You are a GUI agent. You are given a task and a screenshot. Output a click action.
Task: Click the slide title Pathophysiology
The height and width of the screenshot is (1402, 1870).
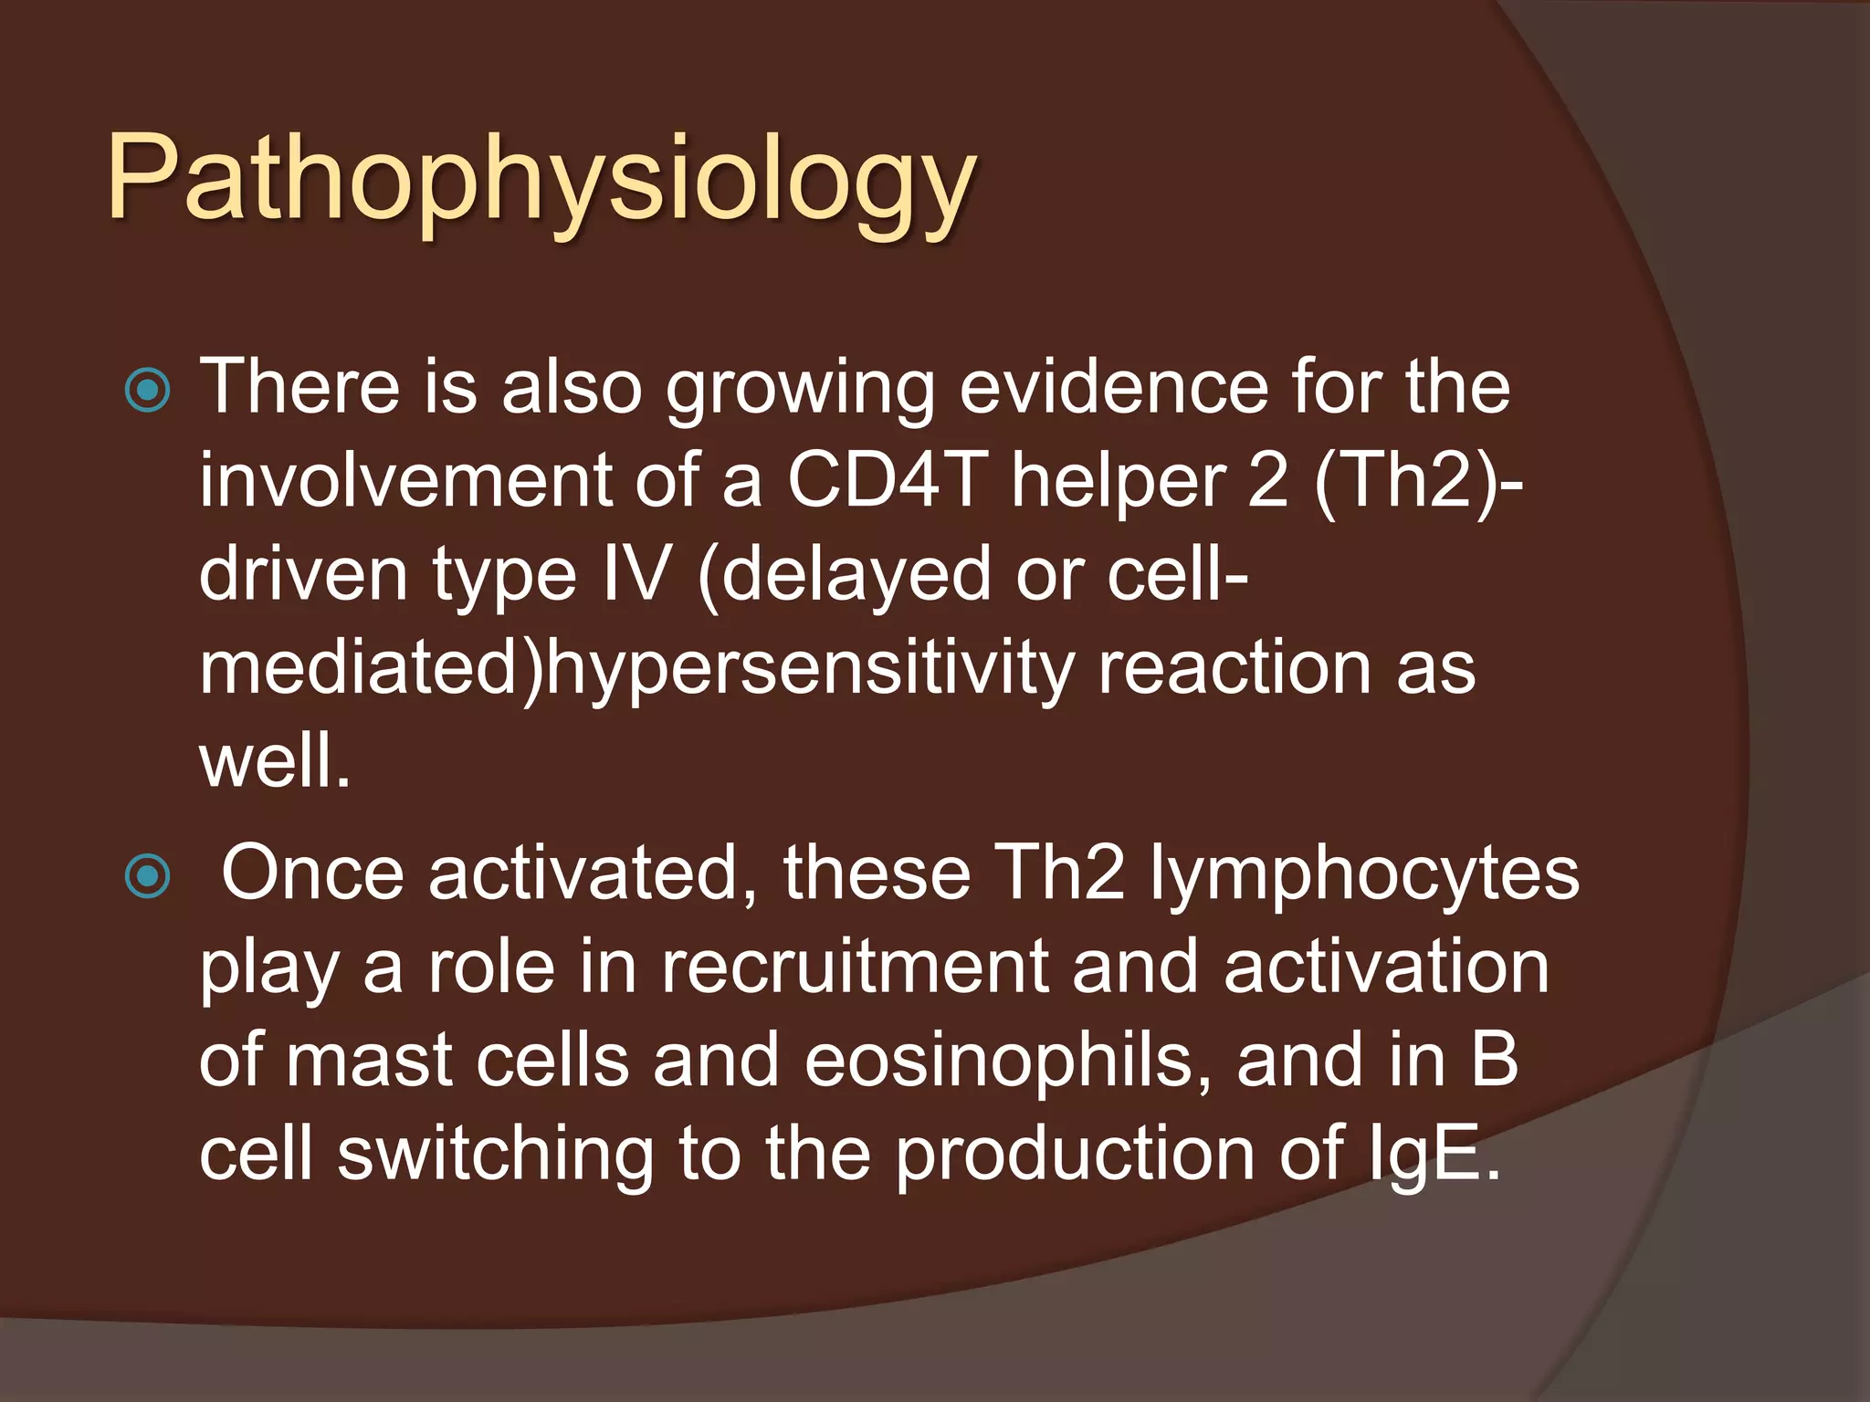click(541, 178)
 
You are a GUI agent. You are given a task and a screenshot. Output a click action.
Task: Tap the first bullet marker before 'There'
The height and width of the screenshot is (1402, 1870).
click(147, 391)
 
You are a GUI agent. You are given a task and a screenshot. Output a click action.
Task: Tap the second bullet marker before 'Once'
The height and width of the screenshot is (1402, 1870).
click(147, 877)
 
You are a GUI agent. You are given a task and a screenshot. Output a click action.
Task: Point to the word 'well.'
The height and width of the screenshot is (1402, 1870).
click(275, 762)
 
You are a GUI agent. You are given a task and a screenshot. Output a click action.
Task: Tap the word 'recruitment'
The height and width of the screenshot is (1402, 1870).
click(854, 968)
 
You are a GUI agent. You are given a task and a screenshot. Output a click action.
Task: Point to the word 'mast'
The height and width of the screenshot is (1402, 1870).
click(369, 1061)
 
